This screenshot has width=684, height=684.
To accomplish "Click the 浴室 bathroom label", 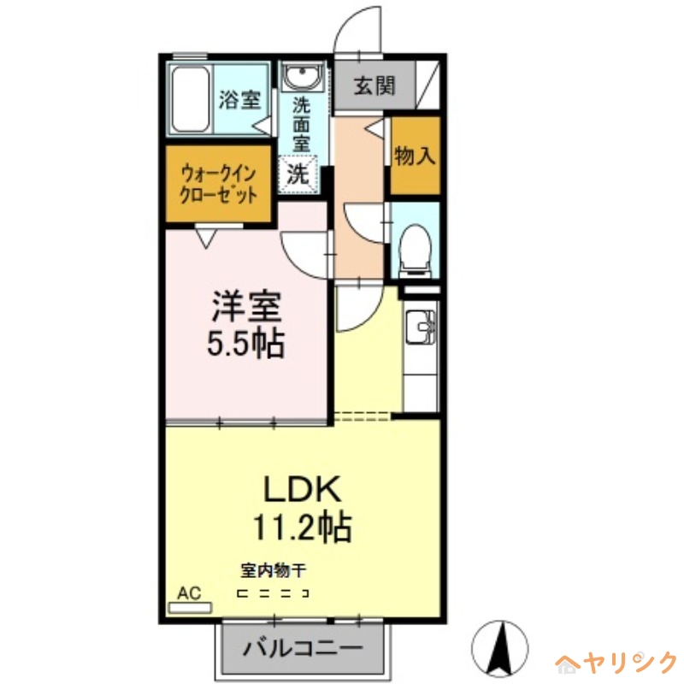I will tap(239, 100).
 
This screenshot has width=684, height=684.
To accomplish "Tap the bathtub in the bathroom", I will tap(190, 99).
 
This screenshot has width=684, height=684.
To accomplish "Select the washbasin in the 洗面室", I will tap(301, 80).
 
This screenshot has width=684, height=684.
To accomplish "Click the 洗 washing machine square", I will tap(298, 174).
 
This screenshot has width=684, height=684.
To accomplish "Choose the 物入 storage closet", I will tap(416, 156).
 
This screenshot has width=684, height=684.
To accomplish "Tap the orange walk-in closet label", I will tap(219, 183).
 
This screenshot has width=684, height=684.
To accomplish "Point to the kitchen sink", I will tap(422, 327).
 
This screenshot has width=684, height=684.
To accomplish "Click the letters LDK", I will tap(303, 491).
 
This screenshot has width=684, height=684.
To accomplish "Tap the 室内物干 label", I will tap(273, 569).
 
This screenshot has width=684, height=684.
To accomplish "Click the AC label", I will tap(189, 593).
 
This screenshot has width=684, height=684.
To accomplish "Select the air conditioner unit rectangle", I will tap(190, 607).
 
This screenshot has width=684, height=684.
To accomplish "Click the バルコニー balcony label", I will tap(302, 649).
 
